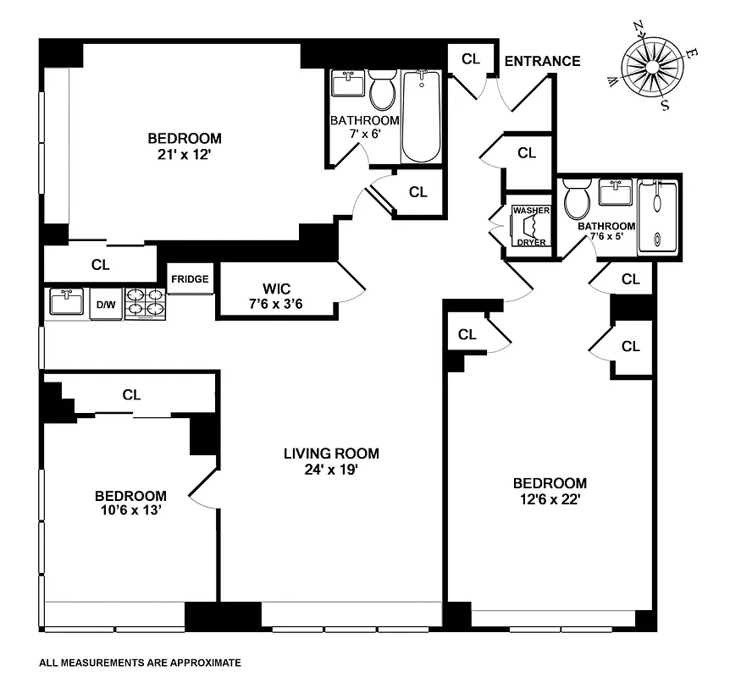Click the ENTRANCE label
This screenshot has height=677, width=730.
click(x=542, y=61)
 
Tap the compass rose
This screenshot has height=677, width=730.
click(x=652, y=68)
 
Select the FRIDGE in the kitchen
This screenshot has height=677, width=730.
click(x=190, y=279)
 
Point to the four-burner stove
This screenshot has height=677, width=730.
click(x=144, y=304)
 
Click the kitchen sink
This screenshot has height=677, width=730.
click(x=66, y=301)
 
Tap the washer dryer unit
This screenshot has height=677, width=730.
click(x=531, y=227)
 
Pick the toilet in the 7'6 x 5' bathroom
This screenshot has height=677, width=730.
click(x=579, y=201)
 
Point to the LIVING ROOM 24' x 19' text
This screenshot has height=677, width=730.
click(x=331, y=461)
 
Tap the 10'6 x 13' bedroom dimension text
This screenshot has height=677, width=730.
click(x=130, y=510)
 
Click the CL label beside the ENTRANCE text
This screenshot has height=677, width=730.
click(x=471, y=58)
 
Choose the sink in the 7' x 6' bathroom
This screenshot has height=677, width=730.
click(x=347, y=85)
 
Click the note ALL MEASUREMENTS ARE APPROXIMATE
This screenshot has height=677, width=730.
click(x=141, y=663)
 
